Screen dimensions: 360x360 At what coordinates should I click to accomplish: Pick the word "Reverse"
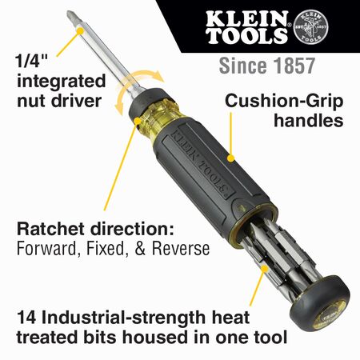[182, 250]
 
